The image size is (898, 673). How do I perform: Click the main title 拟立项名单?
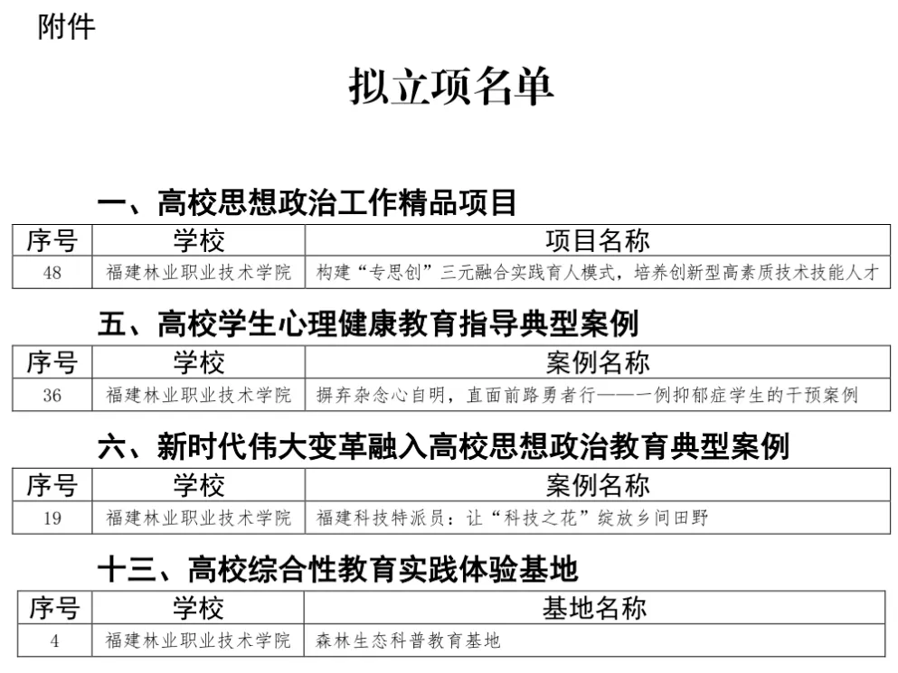pyautogui.click(x=450, y=88)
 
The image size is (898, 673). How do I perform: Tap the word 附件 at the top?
pyautogui.click(x=66, y=27)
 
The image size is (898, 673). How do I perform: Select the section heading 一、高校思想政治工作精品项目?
pyautogui.click(x=307, y=202)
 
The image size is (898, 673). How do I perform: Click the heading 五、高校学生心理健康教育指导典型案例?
pyautogui.click(x=367, y=324)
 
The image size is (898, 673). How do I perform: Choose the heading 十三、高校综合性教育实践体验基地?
pyautogui.click(x=336, y=569)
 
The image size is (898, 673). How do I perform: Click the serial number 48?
pyautogui.click(x=52, y=272)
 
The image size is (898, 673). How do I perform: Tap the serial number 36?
pyautogui.click(x=52, y=395)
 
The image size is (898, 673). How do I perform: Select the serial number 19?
pyautogui.click(x=52, y=518)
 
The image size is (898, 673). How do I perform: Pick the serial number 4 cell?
pyautogui.click(x=54, y=641)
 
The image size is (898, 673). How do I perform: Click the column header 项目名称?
pyautogui.click(x=598, y=241)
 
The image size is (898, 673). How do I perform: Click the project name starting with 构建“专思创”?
pyautogui.click(x=597, y=272)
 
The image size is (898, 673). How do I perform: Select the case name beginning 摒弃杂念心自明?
pyautogui.click(x=587, y=395)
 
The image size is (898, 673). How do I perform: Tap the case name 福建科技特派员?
pyautogui.click(x=512, y=518)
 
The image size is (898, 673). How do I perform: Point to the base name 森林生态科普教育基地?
pyautogui.click(x=408, y=641)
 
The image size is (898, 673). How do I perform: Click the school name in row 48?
pyautogui.click(x=199, y=272)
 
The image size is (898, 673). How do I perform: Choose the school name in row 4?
pyautogui.click(x=199, y=641)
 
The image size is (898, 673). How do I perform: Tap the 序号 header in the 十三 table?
pyautogui.click(x=54, y=608)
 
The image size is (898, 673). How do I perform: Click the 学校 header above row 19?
pyautogui.click(x=199, y=486)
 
